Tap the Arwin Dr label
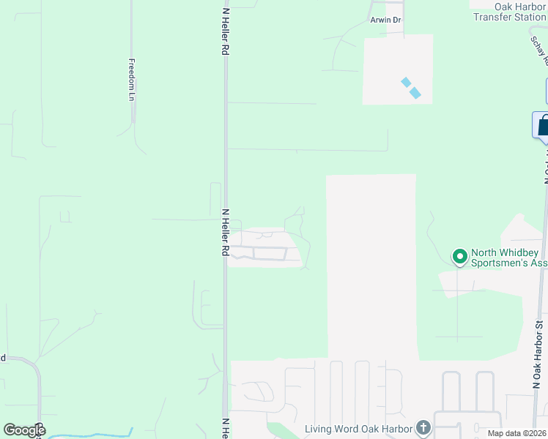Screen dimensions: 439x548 [x=385, y=20]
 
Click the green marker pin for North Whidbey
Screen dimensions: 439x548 [x=459, y=257]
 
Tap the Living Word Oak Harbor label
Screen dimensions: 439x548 [x=359, y=428]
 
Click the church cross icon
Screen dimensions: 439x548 [x=423, y=427]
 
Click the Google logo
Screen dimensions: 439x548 [x=24, y=430]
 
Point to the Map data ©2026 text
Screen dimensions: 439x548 [x=517, y=433]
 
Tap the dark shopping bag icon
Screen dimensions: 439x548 [x=542, y=125]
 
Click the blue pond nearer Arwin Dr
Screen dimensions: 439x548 [x=405, y=82]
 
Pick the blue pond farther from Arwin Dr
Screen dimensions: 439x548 [x=415, y=93]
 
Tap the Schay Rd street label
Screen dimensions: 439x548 [x=541, y=51]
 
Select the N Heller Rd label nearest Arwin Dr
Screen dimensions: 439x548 [x=226, y=31]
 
